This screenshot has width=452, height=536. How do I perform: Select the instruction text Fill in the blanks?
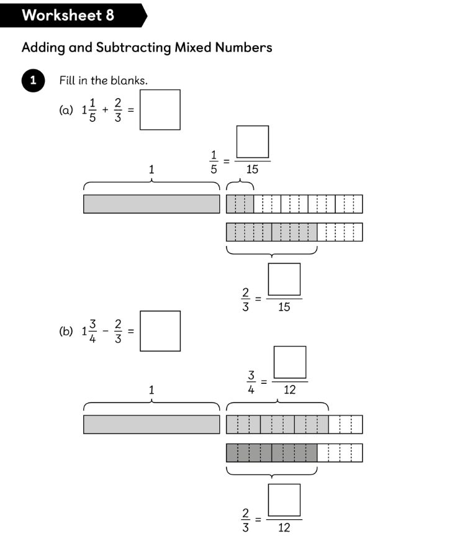pyautogui.click(x=103, y=81)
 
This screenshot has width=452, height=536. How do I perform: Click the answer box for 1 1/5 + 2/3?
pyautogui.click(x=160, y=109)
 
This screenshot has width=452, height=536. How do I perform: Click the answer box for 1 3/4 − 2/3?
pyautogui.click(x=160, y=331)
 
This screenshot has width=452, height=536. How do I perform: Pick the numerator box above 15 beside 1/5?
pyautogui.click(x=252, y=142)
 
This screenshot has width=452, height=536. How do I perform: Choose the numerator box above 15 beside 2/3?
pyautogui.click(x=284, y=279)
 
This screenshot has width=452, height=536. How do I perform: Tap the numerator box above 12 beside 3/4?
pyautogui.click(x=289, y=362)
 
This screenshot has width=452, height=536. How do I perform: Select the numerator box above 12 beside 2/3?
pyautogui.click(x=284, y=500)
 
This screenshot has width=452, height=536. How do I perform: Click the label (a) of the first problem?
pyautogui.click(x=66, y=111)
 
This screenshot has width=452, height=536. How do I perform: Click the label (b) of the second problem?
pyautogui.click(x=66, y=332)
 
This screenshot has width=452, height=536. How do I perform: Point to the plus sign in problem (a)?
pyautogui.click(x=105, y=110)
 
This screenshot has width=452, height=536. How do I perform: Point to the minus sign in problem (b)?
pyautogui.click(x=105, y=331)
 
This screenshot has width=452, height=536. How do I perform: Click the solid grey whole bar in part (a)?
pyautogui.click(x=151, y=204)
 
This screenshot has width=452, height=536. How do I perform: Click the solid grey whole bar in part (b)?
pyautogui.click(x=151, y=425)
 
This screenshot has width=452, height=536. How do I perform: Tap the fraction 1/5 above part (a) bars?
pyautogui.click(x=213, y=161)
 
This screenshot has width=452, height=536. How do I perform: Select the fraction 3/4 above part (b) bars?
pyautogui.click(x=251, y=382)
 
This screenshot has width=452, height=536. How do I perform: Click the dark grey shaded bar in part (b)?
pyautogui.click(x=271, y=453)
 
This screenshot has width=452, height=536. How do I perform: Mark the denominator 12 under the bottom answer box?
pyautogui.click(x=284, y=528)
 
